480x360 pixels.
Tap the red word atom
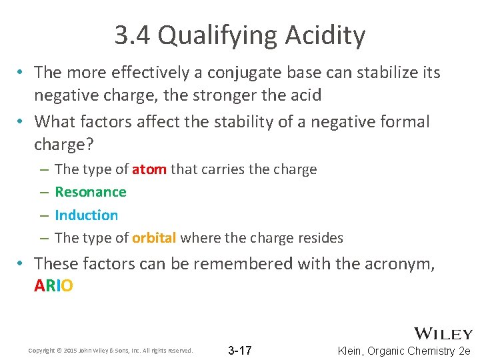pos(149,169)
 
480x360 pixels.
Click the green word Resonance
pos(91,192)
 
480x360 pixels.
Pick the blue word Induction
pos(87,215)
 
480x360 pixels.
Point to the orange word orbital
pos(154,238)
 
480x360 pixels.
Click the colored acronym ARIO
pos(53,286)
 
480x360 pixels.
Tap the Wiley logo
pos(443,334)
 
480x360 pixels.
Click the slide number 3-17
pos(240,350)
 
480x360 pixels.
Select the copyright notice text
pos(110,351)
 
